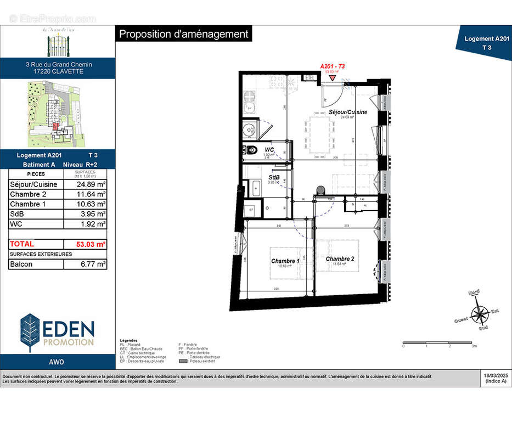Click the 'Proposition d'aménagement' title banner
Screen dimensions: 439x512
point(184,34)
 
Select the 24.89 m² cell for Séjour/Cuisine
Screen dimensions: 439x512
point(85,184)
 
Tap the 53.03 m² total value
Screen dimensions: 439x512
point(85,244)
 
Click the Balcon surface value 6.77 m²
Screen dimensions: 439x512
point(85,264)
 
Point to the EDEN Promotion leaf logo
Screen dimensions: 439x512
point(30,333)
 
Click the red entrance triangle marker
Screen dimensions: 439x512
point(333,78)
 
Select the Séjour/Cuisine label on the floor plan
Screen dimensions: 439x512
point(348,112)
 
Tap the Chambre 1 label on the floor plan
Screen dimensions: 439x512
point(285,261)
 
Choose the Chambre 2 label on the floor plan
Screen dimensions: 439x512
point(339,258)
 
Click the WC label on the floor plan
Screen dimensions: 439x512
point(269,149)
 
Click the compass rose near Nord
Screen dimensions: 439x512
point(481,314)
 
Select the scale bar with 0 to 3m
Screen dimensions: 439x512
point(439,342)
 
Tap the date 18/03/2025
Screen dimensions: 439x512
point(496,376)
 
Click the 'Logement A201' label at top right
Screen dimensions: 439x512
point(486,39)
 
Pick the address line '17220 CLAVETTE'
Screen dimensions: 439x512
point(59,71)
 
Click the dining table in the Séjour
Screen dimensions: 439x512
point(320,135)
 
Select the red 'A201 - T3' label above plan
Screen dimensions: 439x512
point(332,66)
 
